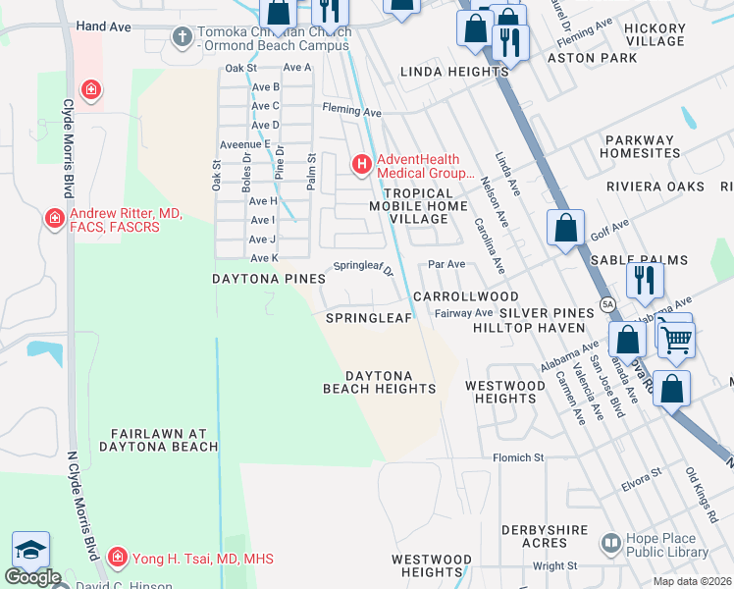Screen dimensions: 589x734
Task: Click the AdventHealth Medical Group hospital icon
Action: point(361,162)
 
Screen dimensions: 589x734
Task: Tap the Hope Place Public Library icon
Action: point(610,542)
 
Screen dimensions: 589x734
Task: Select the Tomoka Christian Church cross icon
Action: point(182,37)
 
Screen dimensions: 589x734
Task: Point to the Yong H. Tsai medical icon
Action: point(117,558)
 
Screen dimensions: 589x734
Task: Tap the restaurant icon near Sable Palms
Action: point(645,280)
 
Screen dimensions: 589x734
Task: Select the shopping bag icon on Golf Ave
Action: point(566,229)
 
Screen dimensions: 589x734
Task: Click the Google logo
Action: point(32,577)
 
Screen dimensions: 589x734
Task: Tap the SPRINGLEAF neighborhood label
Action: point(363,318)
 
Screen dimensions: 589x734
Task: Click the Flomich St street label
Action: point(518,458)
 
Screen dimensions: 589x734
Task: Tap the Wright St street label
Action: point(555,566)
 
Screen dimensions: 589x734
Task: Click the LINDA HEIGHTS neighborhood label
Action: point(454,72)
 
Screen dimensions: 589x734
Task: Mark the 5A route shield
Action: point(607,304)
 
